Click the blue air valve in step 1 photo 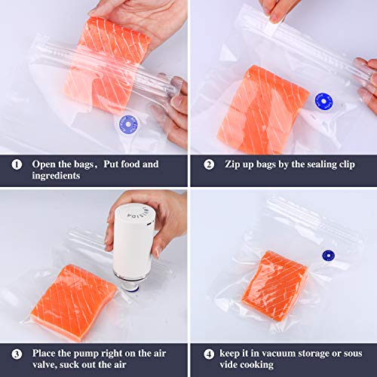pos(128,123)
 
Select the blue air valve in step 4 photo pos(329,256)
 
